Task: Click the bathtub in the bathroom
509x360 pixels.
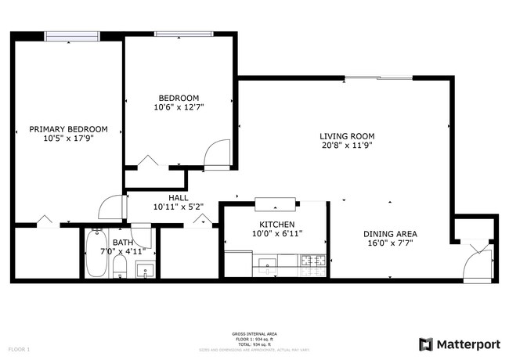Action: tap(96, 254)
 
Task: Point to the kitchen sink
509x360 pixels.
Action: tap(267, 263)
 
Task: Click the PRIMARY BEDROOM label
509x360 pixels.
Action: tap(68, 129)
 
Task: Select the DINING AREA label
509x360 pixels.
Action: tap(389, 234)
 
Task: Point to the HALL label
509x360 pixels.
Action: tap(178, 198)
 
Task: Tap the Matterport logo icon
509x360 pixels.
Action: tap(426, 344)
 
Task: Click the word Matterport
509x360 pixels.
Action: tap(467, 344)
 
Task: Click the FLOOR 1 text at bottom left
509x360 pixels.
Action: tap(19, 348)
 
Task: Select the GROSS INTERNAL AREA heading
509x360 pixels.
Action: tap(254, 333)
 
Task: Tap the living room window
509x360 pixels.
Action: tap(379, 77)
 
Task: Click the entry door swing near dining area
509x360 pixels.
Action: tap(478, 262)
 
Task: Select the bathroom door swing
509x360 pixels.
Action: tap(142, 235)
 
